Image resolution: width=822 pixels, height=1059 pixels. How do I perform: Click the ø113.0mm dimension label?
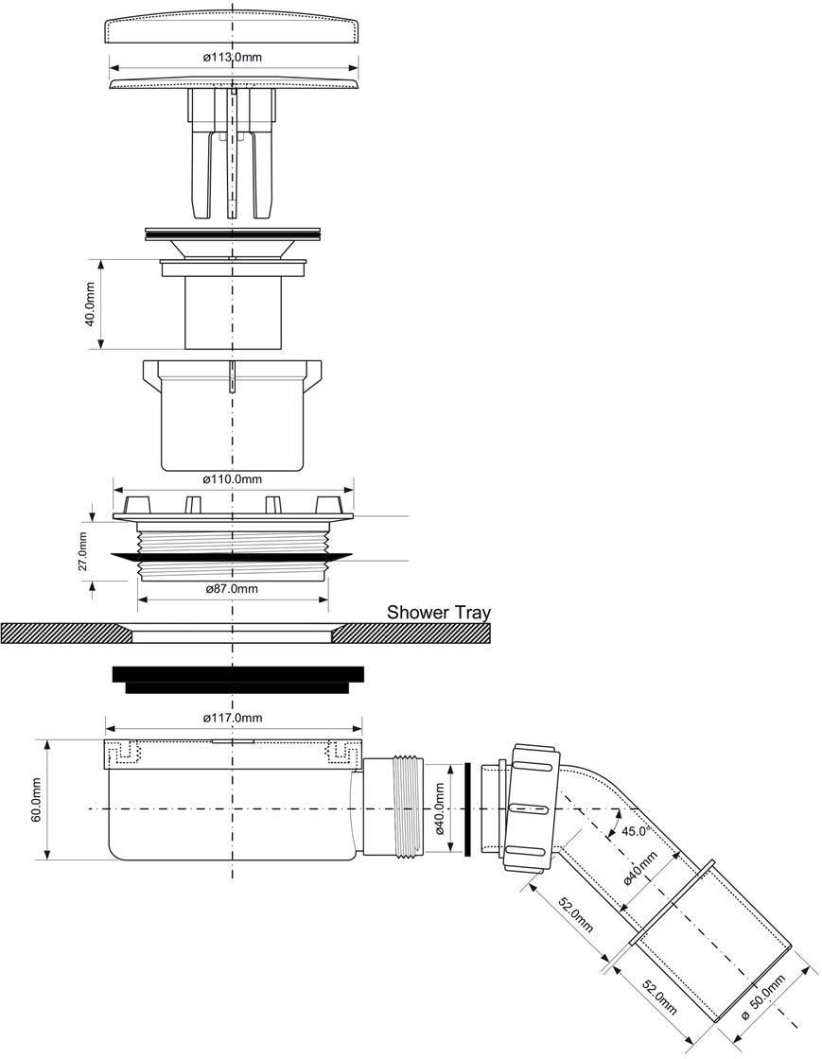pos(233,58)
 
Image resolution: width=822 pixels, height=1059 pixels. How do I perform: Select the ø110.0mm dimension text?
pos(233,478)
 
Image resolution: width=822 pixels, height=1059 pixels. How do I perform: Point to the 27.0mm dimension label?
pos(82,551)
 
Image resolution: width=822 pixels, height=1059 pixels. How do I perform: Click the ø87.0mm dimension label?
pos(232,588)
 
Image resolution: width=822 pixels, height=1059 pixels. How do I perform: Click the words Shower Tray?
pos(438,613)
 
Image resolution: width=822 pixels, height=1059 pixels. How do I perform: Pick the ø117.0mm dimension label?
pos(233,718)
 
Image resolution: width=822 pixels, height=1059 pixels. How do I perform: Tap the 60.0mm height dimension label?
pos(37,800)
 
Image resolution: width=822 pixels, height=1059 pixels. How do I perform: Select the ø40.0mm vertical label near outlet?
pos(440,808)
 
